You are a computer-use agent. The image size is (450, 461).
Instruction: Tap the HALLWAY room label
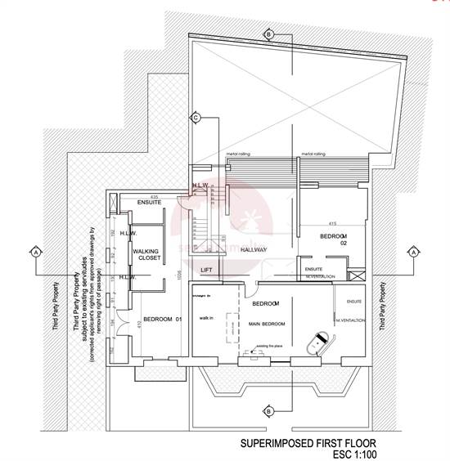(x=254, y=250)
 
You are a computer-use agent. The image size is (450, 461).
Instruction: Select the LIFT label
(x=208, y=268)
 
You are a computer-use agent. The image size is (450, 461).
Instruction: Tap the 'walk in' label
(x=205, y=318)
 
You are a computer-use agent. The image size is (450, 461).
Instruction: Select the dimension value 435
(x=177, y=196)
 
